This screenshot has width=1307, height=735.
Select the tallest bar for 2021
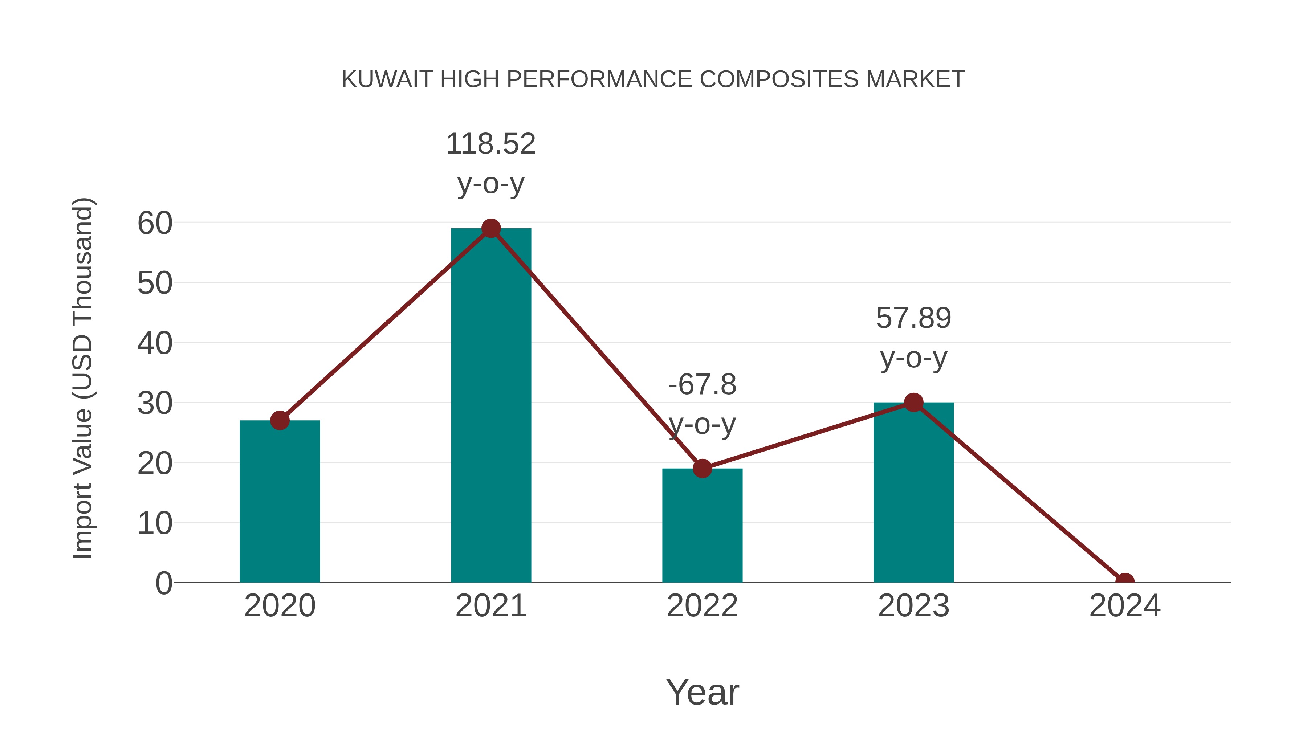(490, 405)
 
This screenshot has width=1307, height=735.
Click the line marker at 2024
(1124, 581)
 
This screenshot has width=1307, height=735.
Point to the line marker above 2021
(490, 229)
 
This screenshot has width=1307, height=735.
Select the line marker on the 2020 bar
(280, 421)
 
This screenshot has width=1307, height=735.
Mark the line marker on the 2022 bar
(702, 469)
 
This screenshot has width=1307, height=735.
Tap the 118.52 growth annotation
(490, 144)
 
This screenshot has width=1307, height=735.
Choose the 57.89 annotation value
(913, 319)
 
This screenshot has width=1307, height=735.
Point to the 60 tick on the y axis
(155, 223)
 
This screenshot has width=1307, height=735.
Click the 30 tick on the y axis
(155, 404)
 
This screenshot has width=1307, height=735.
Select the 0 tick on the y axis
(163, 583)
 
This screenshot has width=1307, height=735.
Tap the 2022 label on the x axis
(702, 606)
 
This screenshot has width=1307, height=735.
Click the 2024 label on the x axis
(1124, 606)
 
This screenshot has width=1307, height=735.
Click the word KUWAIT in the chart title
(387, 79)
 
